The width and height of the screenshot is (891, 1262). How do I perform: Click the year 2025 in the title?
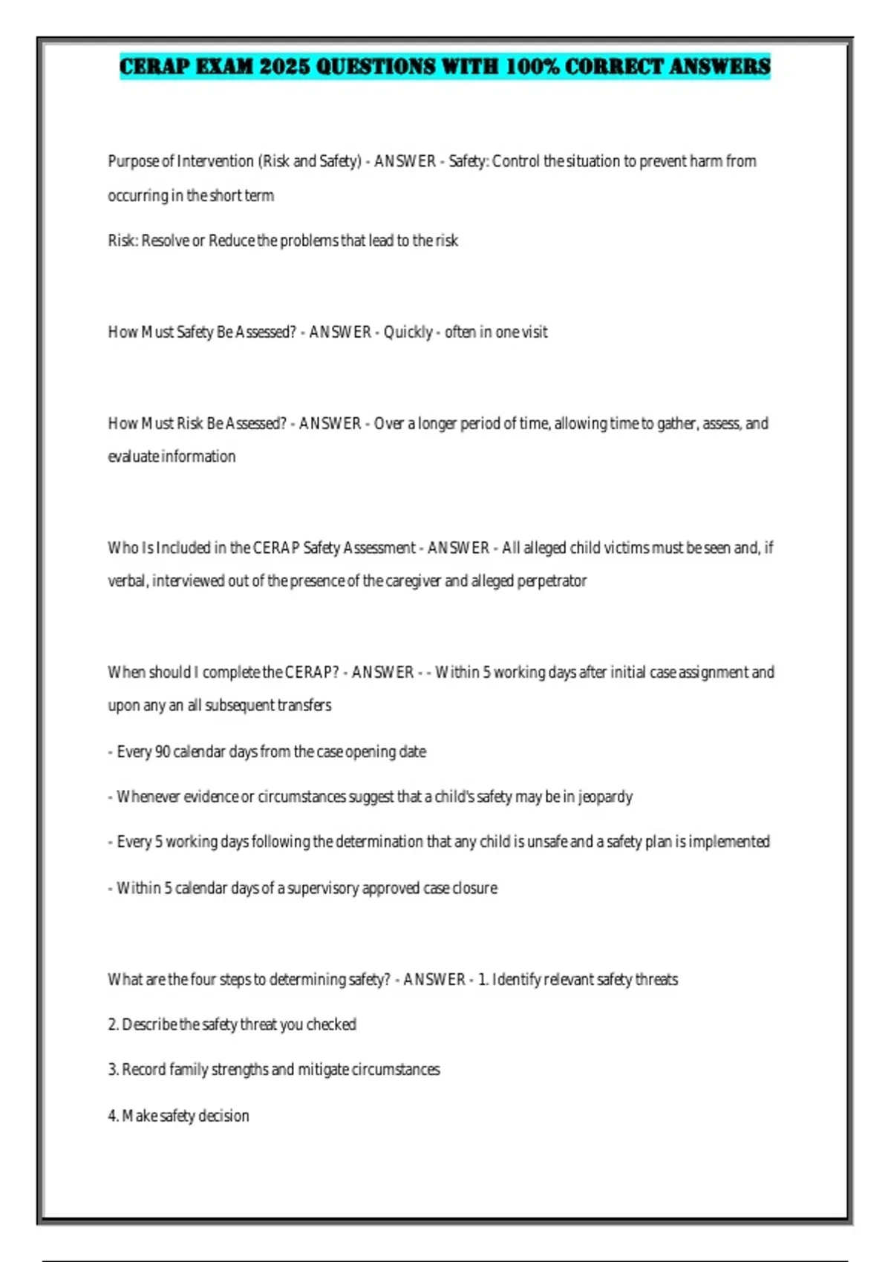(285, 67)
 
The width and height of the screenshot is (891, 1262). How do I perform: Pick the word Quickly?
(408, 332)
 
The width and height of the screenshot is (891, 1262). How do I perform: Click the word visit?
(532, 332)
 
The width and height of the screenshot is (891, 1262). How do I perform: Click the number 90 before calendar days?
(163, 752)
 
